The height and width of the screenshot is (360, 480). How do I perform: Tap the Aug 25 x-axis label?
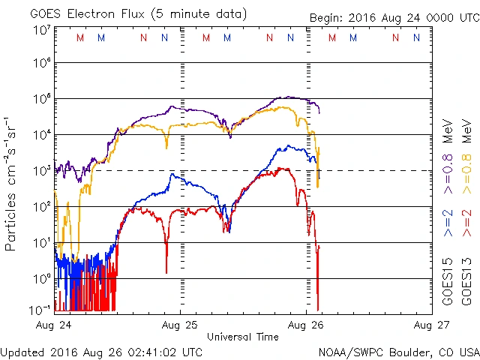[x=181, y=325]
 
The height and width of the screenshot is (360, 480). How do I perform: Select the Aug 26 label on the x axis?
[x=306, y=325]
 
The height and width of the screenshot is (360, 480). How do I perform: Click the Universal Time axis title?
[x=242, y=337]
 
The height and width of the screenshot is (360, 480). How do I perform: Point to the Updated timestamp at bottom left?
[x=101, y=352]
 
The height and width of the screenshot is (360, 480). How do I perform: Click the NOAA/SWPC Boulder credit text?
[x=398, y=352]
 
